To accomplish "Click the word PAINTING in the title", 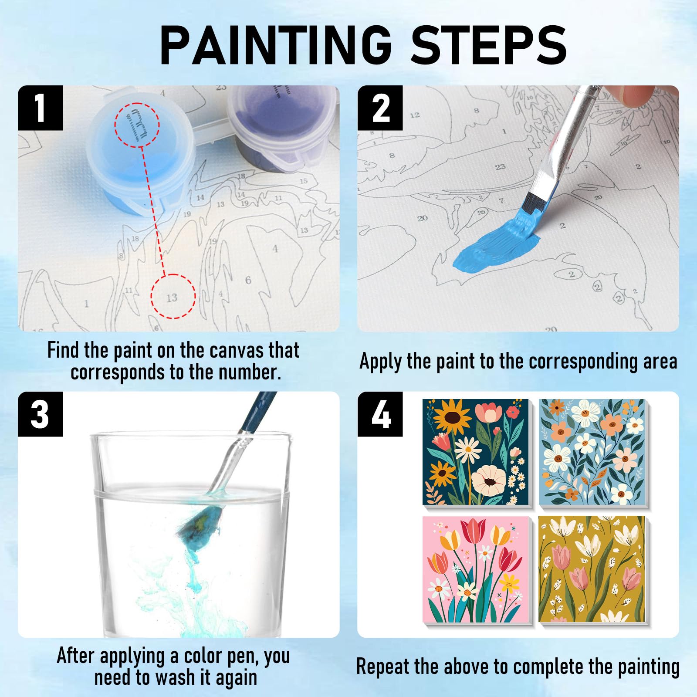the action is (276, 45).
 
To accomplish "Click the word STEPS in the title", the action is (489, 45).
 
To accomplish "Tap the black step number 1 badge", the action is (40, 108).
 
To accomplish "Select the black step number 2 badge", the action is (380, 108).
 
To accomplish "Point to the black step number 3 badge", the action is (40, 414).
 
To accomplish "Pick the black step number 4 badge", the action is (380, 414).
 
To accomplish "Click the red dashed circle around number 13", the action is (173, 296).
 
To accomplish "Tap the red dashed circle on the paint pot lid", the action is (137, 125).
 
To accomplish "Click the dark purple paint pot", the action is (283, 126).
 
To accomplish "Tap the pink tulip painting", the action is (476, 569).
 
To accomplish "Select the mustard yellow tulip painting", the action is (592, 569).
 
